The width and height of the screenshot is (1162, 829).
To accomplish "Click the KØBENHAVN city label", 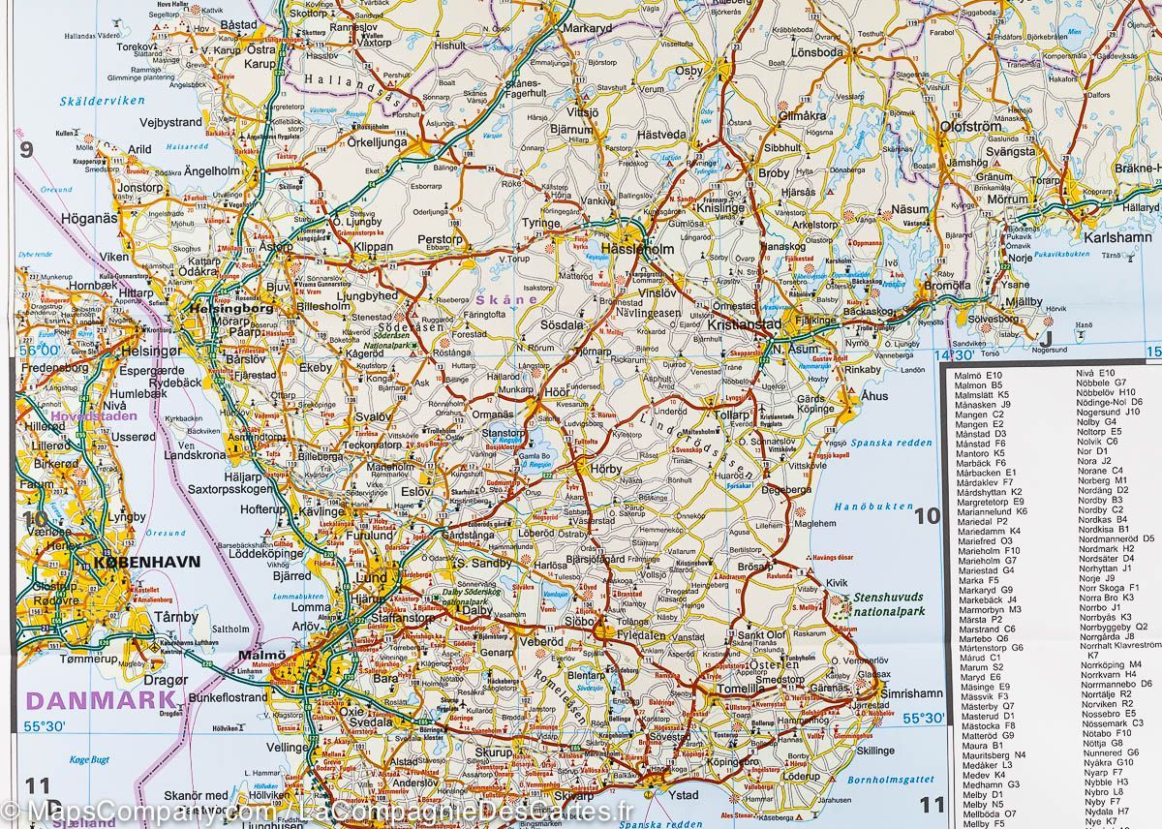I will click(147, 561).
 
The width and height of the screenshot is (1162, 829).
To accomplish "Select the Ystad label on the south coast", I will click(684, 796).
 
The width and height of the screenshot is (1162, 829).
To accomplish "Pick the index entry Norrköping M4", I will click(1110, 664).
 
